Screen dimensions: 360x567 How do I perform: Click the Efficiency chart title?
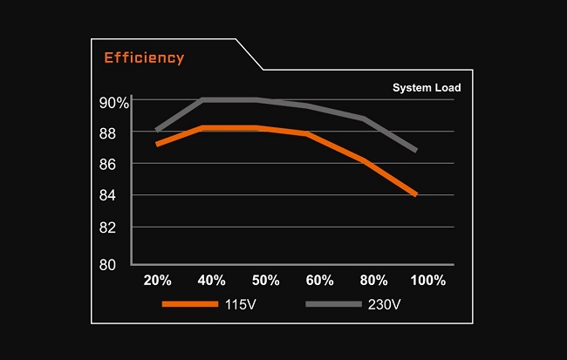pos(144,58)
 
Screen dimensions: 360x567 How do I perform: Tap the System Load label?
pos(427,87)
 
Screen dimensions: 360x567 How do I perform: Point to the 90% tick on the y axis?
pos(113,103)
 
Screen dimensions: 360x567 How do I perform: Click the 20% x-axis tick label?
pos(157,281)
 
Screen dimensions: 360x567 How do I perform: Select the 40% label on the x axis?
pos(211,281)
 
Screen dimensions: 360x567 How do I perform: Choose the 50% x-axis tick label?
pos(265,281)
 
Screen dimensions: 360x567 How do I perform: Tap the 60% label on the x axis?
pos(319,281)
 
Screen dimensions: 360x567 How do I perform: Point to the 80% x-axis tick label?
pos(374,281)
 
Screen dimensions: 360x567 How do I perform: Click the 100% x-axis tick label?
pos(428,281)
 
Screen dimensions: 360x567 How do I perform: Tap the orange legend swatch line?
pos(189,304)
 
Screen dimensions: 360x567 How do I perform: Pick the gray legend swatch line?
pos(333,304)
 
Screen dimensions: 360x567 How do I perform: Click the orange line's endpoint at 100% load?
pos(415,194)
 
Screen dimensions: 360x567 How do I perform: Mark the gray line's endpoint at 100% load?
pos(415,150)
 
